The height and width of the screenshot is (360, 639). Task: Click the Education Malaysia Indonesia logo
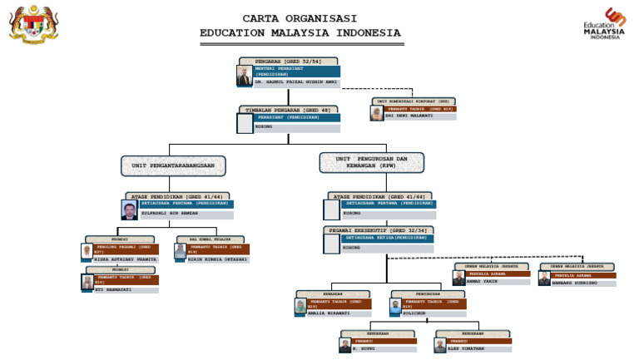604,24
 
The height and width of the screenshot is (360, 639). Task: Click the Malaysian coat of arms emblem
33,24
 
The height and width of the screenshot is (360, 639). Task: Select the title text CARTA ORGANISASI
300,18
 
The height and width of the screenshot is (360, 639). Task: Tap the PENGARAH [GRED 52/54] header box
288,62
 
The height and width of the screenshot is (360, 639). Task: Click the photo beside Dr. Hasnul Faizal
245,76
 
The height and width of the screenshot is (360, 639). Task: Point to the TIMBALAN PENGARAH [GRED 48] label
288,110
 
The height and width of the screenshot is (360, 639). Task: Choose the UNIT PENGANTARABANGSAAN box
173,165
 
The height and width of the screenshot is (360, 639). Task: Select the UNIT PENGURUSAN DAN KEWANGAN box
371,162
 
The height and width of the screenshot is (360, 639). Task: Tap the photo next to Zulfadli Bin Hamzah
129,210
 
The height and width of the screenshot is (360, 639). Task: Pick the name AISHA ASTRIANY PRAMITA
125,259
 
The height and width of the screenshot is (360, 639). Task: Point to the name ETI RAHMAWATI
115,290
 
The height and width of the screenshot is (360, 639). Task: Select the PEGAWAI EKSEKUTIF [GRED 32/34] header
379,230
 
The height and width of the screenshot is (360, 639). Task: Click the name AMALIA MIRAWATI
329,313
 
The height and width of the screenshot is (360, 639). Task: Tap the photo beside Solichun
396,307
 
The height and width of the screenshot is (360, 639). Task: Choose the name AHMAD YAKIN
483,281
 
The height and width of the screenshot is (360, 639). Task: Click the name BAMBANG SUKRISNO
574,283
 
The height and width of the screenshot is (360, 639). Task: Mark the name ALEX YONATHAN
466,349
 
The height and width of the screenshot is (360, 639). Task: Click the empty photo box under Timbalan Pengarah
245,124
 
